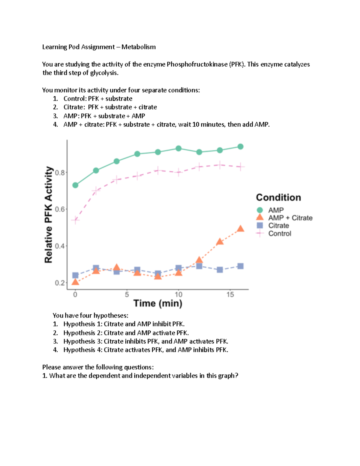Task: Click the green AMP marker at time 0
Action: [75, 185]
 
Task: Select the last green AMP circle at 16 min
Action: [240, 146]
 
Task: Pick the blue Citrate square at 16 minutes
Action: [240, 266]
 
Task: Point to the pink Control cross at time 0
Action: [75, 220]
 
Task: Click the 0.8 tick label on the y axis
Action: [60, 173]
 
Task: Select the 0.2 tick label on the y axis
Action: [60, 283]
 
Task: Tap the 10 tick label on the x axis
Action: [178, 295]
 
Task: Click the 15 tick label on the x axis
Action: [230, 295]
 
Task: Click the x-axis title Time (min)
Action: [158, 303]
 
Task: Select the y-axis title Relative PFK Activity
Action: [49, 215]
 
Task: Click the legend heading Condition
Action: [278, 197]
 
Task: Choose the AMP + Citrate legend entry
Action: [290, 218]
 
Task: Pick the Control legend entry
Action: [280, 233]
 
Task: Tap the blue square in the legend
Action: [260, 225]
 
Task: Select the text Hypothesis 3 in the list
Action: [82, 341]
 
